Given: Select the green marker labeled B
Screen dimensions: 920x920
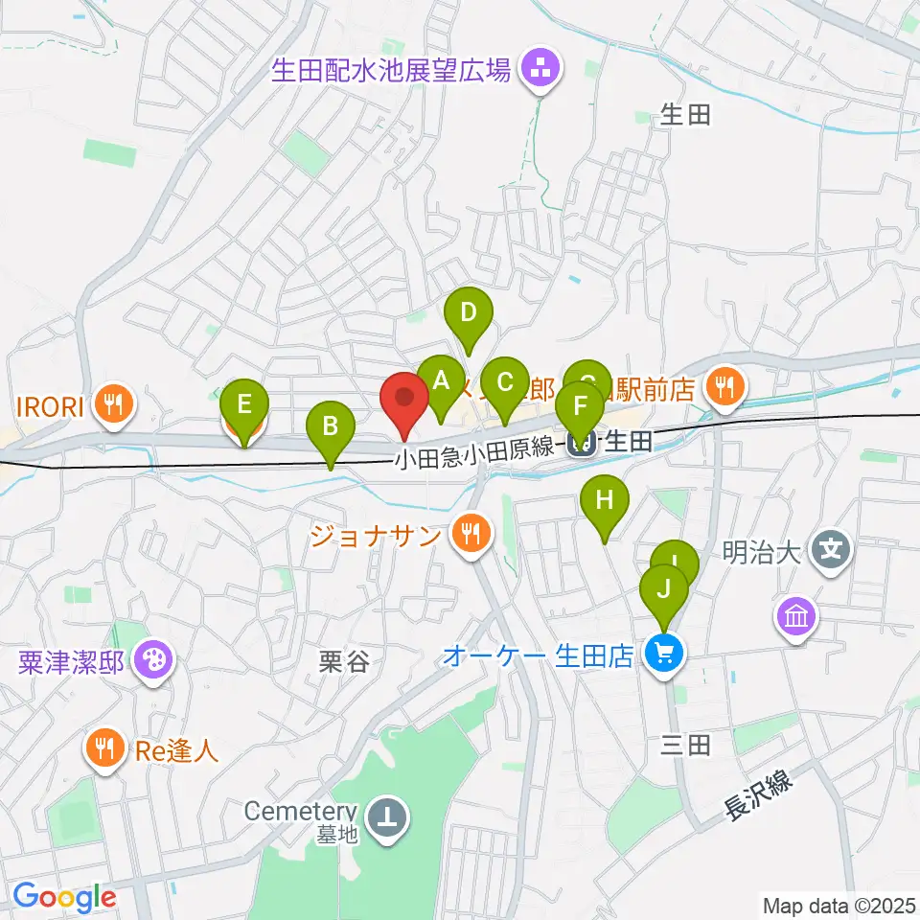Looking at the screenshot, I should click(330, 425).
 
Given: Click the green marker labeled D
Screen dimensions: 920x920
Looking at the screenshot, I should click(468, 313).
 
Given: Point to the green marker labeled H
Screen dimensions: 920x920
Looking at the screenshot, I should click(604, 500).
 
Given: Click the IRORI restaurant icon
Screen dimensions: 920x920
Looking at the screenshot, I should click(115, 404).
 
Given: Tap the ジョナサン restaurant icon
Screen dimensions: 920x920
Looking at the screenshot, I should click(470, 532).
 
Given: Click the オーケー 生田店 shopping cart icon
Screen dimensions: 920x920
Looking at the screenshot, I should click(662, 655).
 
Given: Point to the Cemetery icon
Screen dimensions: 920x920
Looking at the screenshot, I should click(389, 817).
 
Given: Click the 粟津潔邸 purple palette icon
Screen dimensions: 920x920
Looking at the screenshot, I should click(153, 660).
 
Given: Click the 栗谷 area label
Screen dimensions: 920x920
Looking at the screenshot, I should click(343, 662).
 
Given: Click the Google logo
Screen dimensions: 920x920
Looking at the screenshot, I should click(64, 897).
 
